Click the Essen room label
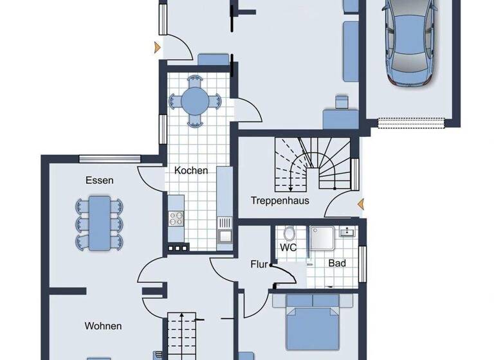(x=99, y=181)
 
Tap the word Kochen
(x=191, y=170)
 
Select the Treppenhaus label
(x=280, y=201)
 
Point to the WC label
(x=288, y=247)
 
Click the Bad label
(x=337, y=263)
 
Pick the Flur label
(x=259, y=263)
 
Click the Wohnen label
(x=103, y=326)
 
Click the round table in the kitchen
(x=194, y=100)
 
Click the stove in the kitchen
(x=176, y=219)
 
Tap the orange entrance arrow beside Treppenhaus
(x=360, y=204)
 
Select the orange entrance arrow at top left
(x=156, y=47)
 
